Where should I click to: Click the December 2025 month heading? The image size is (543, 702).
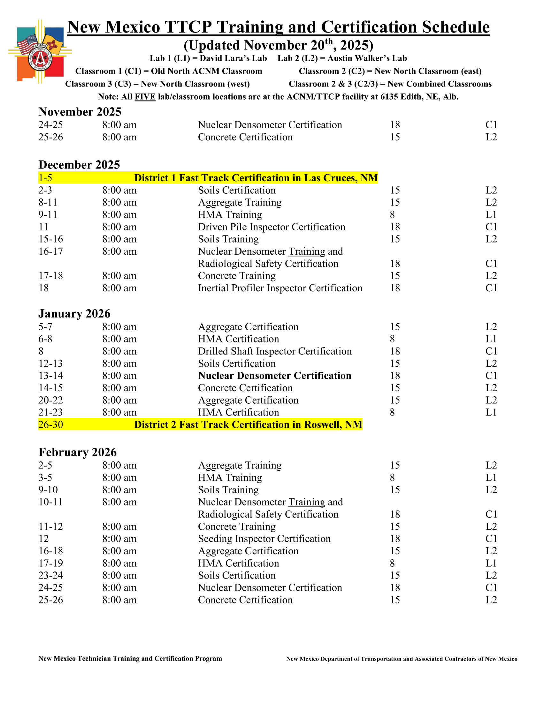(79, 165)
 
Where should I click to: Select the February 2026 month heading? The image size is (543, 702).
(78, 452)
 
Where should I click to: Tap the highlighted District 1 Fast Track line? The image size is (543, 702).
(256, 178)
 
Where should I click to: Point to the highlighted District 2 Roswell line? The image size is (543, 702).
(248, 424)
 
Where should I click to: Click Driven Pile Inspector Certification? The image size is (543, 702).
(271, 227)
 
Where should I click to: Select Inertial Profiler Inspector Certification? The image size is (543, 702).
(280, 288)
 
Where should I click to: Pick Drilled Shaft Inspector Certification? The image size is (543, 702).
(275, 351)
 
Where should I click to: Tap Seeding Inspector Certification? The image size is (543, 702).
(264, 539)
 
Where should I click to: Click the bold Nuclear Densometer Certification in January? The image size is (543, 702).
(274, 376)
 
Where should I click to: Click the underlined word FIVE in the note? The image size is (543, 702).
(145, 97)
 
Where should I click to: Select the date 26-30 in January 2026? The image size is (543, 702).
(51, 424)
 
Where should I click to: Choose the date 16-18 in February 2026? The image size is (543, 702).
(51, 551)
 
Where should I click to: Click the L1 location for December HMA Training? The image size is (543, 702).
(491, 215)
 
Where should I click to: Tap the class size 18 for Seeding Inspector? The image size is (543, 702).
(395, 539)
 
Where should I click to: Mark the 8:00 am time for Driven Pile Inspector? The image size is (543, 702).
(119, 227)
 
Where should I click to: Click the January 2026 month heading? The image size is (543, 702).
(74, 313)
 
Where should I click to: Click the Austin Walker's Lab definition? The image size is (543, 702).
(342, 58)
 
